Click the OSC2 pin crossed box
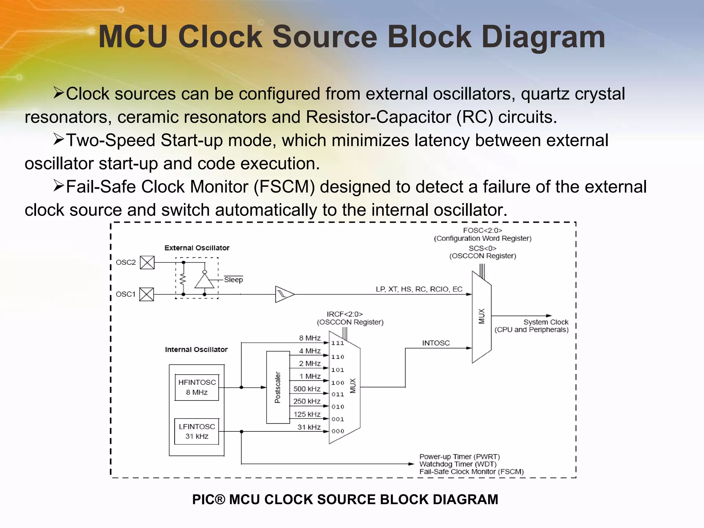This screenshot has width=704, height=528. click(147, 263)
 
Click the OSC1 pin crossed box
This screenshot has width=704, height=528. click(146, 294)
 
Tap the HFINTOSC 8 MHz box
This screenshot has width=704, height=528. click(197, 387)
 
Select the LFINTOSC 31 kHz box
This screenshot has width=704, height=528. click(197, 431)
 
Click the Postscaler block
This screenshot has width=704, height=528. click(278, 387)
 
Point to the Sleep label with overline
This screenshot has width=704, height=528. click(233, 279)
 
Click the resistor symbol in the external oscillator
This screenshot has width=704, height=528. click(183, 279)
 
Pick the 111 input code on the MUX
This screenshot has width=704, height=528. click(338, 343)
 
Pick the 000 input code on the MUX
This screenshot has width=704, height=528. click(338, 431)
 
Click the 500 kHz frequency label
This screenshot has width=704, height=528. click(307, 389)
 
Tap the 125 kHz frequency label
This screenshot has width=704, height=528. click(307, 414)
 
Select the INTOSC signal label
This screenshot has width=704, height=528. click(436, 343)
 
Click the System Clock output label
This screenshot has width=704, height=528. click(546, 322)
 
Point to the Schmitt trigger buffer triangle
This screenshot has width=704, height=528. click(284, 294)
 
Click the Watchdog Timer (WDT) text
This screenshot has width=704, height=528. click(458, 464)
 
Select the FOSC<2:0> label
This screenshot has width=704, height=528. click(482, 230)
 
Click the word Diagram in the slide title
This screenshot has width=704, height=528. click(543, 37)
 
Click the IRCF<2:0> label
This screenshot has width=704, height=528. click(344, 314)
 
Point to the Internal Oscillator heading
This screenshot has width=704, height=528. click(196, 350)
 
